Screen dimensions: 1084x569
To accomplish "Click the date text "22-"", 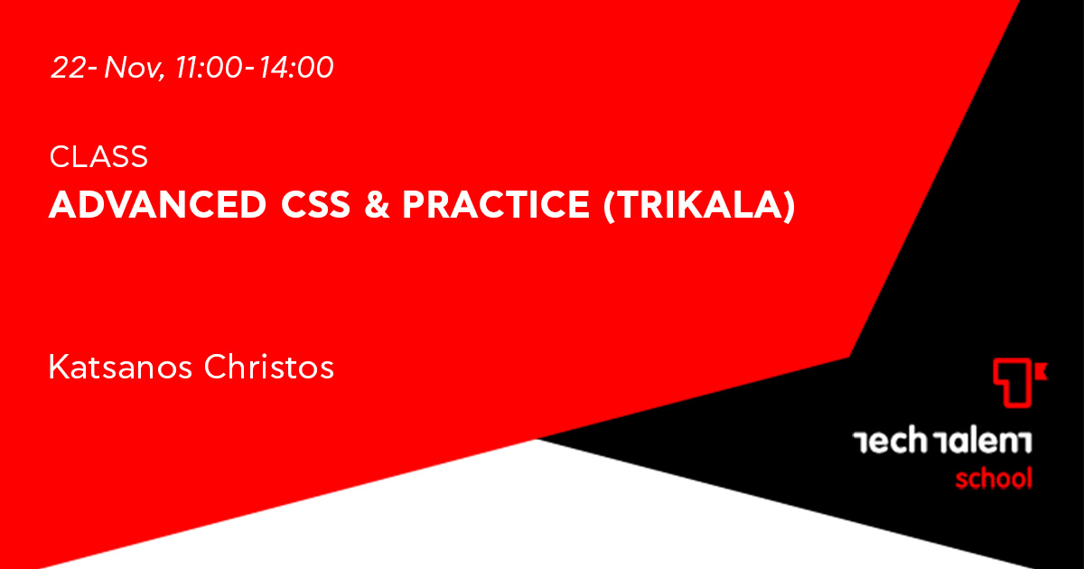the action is (74, 67).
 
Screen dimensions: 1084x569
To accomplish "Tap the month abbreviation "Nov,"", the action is (135, 68).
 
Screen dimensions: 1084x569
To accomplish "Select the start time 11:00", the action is (208, 67).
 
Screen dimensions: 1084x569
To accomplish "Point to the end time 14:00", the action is (295, 67).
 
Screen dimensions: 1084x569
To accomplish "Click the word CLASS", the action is (98, 157).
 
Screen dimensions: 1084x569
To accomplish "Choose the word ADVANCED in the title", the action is (158, 205).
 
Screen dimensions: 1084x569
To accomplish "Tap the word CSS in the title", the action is (315, 205).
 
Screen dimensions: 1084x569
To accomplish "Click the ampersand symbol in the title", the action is (377, 205).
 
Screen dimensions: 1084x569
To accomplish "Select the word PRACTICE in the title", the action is (496, 205).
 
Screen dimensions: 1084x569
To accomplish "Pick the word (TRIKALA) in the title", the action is (699, 206).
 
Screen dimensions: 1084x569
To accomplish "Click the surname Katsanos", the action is (120, 367).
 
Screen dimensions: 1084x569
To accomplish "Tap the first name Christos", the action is (269, 367).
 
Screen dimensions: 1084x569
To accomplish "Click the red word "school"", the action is (994, 479).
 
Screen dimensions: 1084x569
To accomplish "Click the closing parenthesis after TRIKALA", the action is (789, 206).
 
